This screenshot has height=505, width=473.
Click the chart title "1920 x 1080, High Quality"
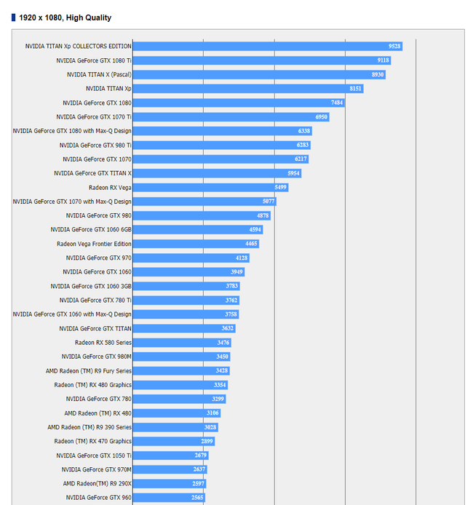pos(65,17)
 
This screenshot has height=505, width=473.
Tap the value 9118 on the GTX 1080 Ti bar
pos(383,60)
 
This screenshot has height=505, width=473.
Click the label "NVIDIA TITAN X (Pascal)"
pos(99,74)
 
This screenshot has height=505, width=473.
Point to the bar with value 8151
pos(247,89)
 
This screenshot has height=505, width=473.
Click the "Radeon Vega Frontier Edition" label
pos(94,244)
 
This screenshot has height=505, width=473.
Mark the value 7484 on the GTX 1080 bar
pos(336,103)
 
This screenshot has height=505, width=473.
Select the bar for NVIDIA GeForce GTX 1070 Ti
pos(231,116)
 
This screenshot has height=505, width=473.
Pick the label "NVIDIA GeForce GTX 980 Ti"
pos(95,145)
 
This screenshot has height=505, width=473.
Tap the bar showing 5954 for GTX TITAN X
pos(216,173)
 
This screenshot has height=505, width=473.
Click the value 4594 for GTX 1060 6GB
pos(254,229)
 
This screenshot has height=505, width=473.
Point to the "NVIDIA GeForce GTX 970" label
pos(98,258)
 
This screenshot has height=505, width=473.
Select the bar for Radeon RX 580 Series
pos(182,342)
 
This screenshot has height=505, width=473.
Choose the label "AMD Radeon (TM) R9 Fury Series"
pos(89,370)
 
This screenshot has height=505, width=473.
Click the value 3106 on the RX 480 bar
pos(212,413)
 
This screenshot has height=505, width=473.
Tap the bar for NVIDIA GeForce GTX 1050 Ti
pos(170,455)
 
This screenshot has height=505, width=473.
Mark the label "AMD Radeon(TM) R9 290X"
pos(97,483)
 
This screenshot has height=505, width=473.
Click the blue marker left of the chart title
pos(13,17)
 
